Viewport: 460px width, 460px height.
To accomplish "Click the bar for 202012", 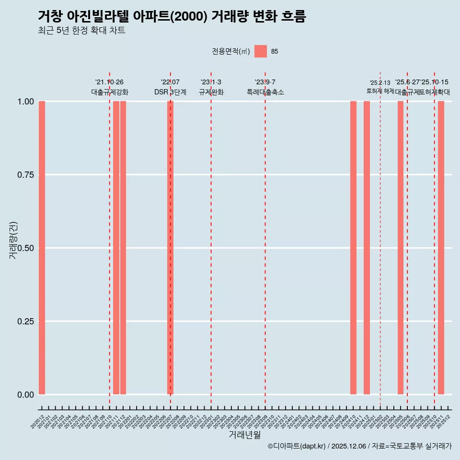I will click(x=42, y=248).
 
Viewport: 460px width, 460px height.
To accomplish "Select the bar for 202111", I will click(x=116, y=248).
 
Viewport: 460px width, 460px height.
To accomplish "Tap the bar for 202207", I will click(x=170, y=248).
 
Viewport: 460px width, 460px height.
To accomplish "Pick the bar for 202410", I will click(x=353, y=248).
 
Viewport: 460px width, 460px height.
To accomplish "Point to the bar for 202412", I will click(x=367, y=248).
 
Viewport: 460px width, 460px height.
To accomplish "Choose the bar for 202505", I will click(x=401, y=248).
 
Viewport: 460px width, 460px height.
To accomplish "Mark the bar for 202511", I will click(x=441, y=248).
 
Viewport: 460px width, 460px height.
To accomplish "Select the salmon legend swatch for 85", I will click(x=260, y=51).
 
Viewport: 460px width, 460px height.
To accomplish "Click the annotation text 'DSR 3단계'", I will click(x=170, y=92).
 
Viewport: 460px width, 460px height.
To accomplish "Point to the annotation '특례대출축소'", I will click(x=265, y=92).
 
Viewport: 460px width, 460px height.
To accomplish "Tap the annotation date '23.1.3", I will click(x=211, y=82).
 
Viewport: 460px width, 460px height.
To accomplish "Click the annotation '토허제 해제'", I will click(x=380, y=91).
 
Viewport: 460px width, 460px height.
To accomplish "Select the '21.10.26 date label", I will click(x=109, y=82).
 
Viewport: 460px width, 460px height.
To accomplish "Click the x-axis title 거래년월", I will click(x=245, y=435).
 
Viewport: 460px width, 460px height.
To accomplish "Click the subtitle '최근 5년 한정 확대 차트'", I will click(x=81, y=31).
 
